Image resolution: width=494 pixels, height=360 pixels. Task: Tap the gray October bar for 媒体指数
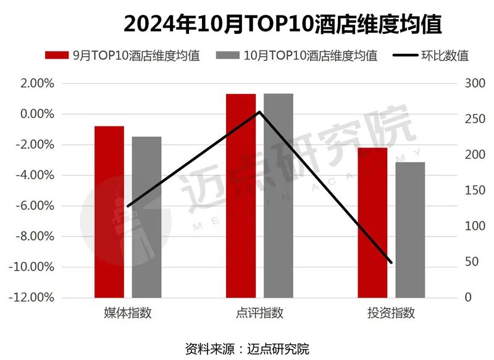(146, 217)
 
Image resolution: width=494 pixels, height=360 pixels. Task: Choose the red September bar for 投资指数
(372, 222)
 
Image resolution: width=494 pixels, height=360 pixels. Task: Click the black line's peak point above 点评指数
(259, 112)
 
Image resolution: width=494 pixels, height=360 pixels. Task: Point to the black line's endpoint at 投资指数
(391, 262)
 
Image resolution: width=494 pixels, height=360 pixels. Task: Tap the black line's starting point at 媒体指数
(128, 206)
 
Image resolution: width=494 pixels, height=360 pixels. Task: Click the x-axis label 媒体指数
(128, 313)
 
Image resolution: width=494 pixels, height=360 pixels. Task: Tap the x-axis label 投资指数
(391, 313)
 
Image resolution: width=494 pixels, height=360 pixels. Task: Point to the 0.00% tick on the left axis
(36, 114)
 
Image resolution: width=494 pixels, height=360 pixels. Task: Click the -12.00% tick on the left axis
(34, 298)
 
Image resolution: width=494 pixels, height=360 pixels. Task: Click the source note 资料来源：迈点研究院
(247, 348)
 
